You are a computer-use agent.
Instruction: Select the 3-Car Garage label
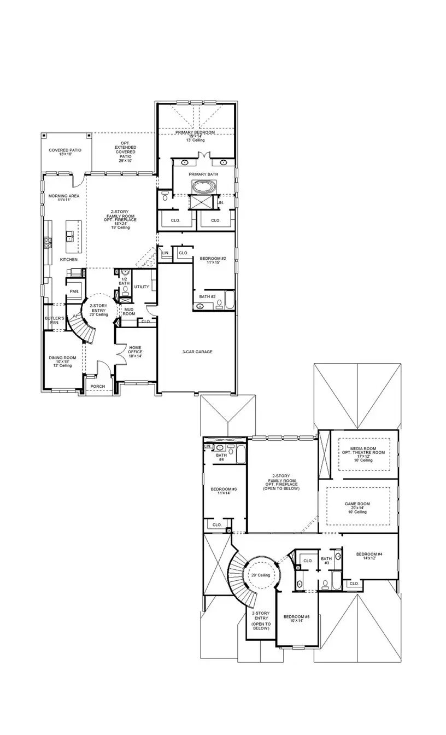197,352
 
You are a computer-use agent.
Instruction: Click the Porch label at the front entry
97,387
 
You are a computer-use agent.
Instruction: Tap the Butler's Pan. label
55,320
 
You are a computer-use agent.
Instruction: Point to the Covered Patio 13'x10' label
65,151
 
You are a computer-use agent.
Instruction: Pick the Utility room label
142,287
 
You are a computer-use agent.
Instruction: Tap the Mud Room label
129,312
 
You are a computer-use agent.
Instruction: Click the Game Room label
357,507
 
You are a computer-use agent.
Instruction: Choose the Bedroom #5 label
296,619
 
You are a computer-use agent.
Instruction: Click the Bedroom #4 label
369,556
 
